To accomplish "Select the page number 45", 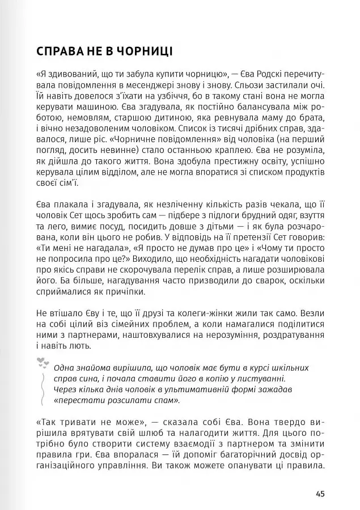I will point(320,493).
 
